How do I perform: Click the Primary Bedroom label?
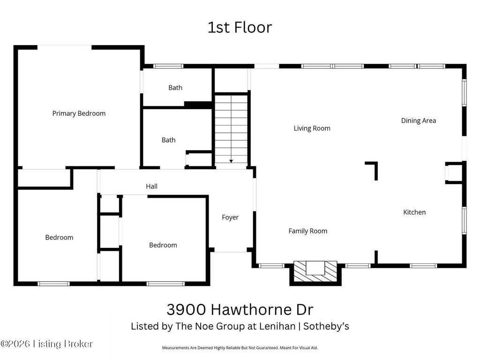coord(79,113)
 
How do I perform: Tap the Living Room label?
coord(312,128)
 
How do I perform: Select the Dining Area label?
coord(419,120)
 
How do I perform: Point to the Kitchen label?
coord(414,212)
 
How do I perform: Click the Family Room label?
coord(307,231)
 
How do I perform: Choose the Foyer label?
coord(230,217)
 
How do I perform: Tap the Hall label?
coord(151,186)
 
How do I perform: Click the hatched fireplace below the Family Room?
coord(315,272)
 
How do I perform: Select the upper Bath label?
coord(175,88)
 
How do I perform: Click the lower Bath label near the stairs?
coord(168,140)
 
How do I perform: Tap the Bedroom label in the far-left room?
coord(59,238)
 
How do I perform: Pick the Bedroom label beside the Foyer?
coord(163,245)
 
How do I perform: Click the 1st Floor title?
coord(240,27)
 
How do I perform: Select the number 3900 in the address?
coord(186,309)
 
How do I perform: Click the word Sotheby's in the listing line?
coord(326,326)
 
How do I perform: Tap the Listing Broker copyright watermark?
coord(46,344)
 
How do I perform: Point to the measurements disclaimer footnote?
coord(240,348)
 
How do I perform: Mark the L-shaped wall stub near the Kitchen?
coord(375,167)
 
